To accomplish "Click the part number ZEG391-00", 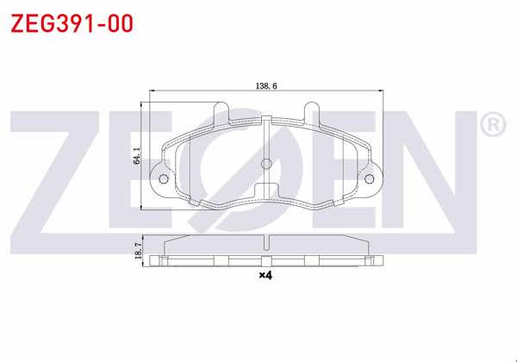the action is pyautogui.click(x=72, y=23).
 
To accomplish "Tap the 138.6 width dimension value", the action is pyautogui.click(x=266, y=86).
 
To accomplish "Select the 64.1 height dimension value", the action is pyautogui.click(x=137, y=156).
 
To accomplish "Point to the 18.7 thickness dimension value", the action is pyautogui.click(x=139, y=251).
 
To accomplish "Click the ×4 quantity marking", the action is pyautogui.click(x=265, y=275).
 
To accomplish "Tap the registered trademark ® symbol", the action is pyautogui.click(x=493, y=124).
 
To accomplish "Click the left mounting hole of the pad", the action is pyautogui.click(x=164, y=179).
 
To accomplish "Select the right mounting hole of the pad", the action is pyautogui.click(x=370, y=179).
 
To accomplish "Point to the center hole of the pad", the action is pyautogui.click(x=266, y=164).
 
